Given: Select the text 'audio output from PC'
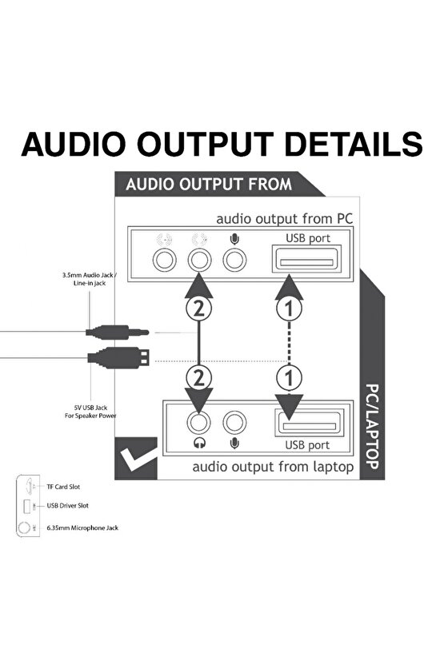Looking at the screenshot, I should (284, 218).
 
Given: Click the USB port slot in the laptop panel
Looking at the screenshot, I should (307, 422).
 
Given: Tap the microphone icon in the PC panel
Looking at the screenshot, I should (234, 238).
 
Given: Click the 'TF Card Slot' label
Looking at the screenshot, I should (64, 486).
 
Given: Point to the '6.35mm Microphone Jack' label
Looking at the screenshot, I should (82, 528).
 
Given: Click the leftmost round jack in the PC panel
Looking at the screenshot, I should (165, 259).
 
